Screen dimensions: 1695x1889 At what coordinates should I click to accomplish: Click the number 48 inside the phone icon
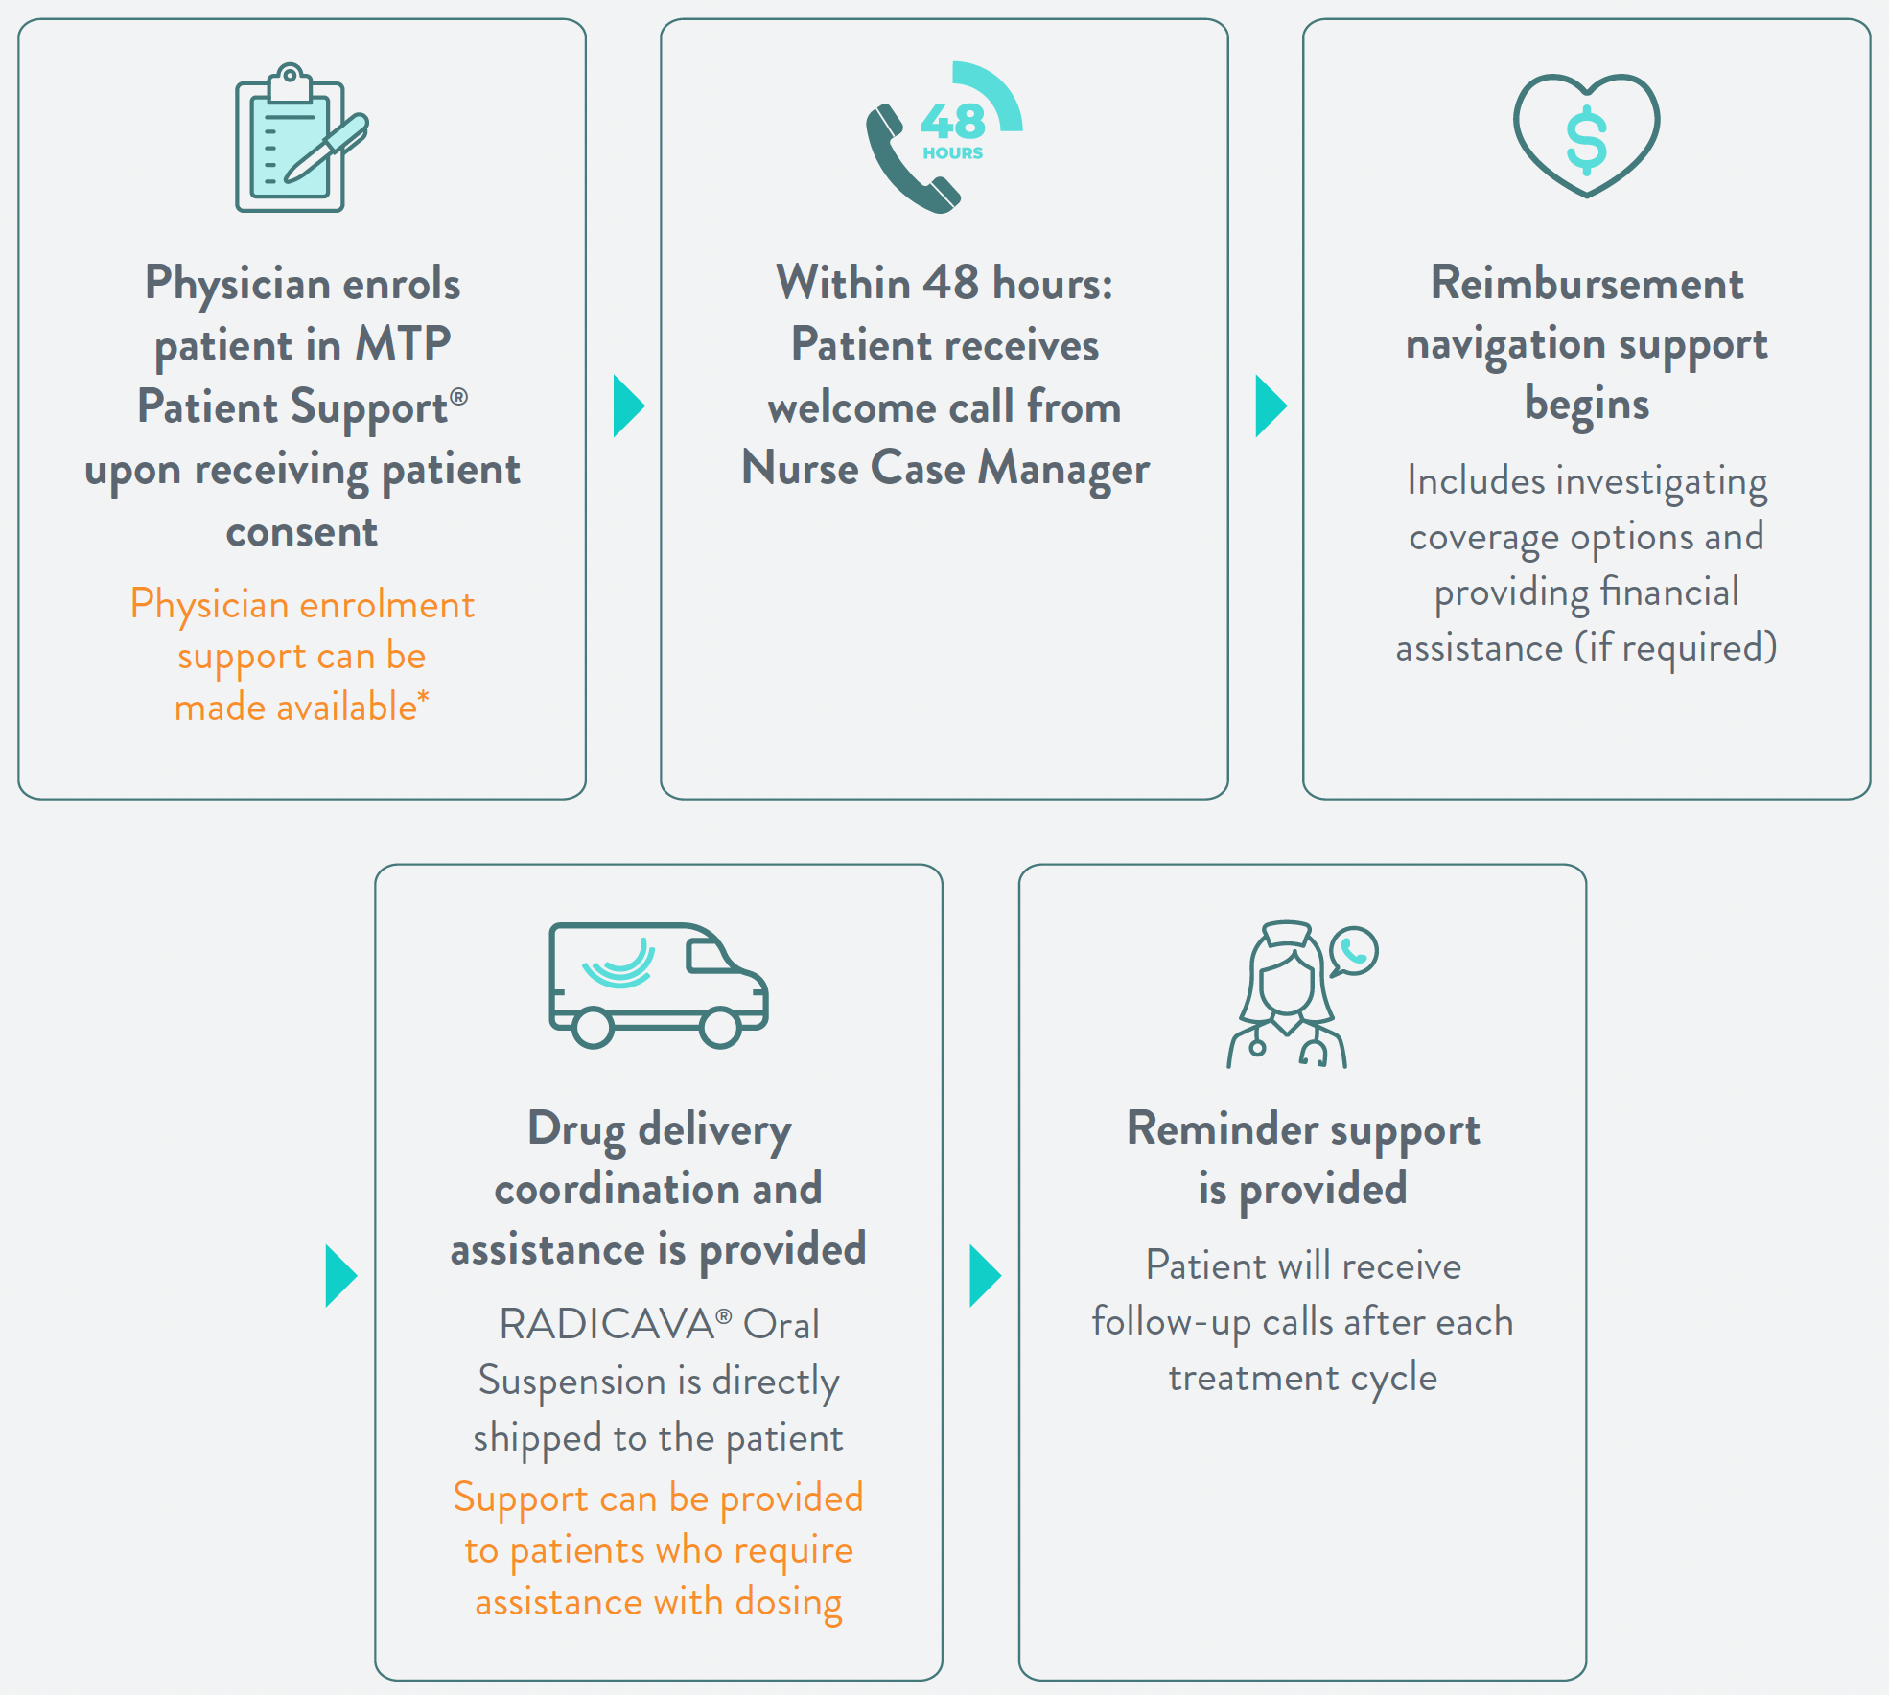[952, 122]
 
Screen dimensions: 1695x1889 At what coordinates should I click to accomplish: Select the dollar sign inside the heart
[1586, 140]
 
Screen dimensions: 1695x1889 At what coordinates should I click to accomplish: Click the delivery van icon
[658, 985]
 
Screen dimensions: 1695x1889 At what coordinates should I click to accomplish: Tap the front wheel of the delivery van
[720, 1028]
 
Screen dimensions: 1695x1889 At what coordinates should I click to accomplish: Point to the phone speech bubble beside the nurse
[1353, 951]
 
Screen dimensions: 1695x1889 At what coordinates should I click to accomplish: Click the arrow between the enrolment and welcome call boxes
[628, 406]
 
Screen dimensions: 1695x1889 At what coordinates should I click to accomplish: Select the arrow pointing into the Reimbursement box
[1270, 406]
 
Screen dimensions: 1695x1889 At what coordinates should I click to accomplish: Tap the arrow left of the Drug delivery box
[340, 1275]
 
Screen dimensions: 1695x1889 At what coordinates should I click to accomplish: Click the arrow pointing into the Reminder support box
[984, 1275]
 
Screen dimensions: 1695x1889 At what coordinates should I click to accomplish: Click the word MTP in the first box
[403, 344]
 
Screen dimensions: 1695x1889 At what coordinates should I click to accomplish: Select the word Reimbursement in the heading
[1587, 284]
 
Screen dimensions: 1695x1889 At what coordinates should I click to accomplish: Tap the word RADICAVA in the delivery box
[607, 1325]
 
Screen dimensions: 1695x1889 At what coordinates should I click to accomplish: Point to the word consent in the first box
[302, 532]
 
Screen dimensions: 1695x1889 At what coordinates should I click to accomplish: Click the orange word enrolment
[388, 605]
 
